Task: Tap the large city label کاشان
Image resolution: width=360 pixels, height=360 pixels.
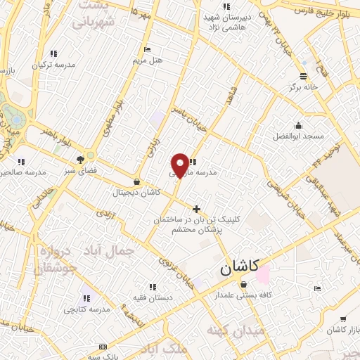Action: click(238, 267)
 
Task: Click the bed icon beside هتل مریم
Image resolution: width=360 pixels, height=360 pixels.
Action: click(146, 49)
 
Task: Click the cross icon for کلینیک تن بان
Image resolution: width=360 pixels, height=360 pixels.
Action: click(196, 209)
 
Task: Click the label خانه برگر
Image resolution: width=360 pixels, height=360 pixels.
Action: click(303, 87)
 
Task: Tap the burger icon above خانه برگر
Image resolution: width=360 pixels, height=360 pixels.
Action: click(303, 77)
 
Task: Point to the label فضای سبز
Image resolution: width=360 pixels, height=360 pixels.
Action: click(81, 169)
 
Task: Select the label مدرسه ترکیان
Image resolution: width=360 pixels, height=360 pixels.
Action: click(53, 65)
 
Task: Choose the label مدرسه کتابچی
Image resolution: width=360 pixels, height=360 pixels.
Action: click(87, 309)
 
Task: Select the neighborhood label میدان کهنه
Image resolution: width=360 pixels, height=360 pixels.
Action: click(236, 330)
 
